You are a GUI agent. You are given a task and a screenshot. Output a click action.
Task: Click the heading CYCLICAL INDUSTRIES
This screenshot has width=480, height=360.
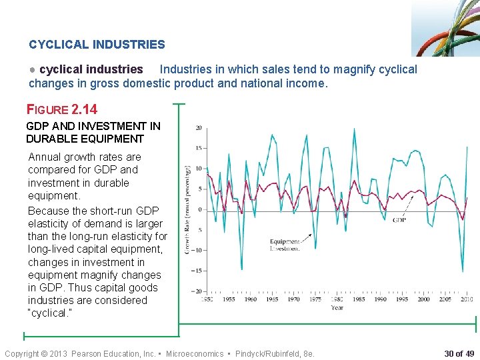(x=97, y=45)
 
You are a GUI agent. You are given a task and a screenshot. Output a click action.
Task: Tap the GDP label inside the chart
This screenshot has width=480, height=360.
(x=399, y=220)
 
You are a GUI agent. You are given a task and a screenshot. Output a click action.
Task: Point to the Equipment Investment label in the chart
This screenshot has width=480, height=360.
(x=285, y=245)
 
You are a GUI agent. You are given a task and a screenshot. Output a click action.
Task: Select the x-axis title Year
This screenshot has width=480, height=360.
(x=337, y=308)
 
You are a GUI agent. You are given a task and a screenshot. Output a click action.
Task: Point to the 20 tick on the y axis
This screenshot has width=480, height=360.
(x=199, y=128)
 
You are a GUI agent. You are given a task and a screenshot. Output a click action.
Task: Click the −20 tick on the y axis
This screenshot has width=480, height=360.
(x=197, y=291)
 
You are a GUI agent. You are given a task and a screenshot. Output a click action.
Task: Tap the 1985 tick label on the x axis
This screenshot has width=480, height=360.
(x=359, y=299)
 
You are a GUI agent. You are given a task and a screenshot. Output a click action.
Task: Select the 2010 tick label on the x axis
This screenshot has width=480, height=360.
(x=466, y=299)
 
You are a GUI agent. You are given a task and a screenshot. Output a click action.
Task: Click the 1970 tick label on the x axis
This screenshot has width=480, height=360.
(x=293, y=299)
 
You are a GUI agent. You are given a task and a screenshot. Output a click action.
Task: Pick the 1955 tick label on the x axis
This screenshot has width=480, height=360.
(x=229, y=299)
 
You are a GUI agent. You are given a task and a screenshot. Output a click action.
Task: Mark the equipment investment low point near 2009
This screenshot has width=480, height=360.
(x=462, y=271)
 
